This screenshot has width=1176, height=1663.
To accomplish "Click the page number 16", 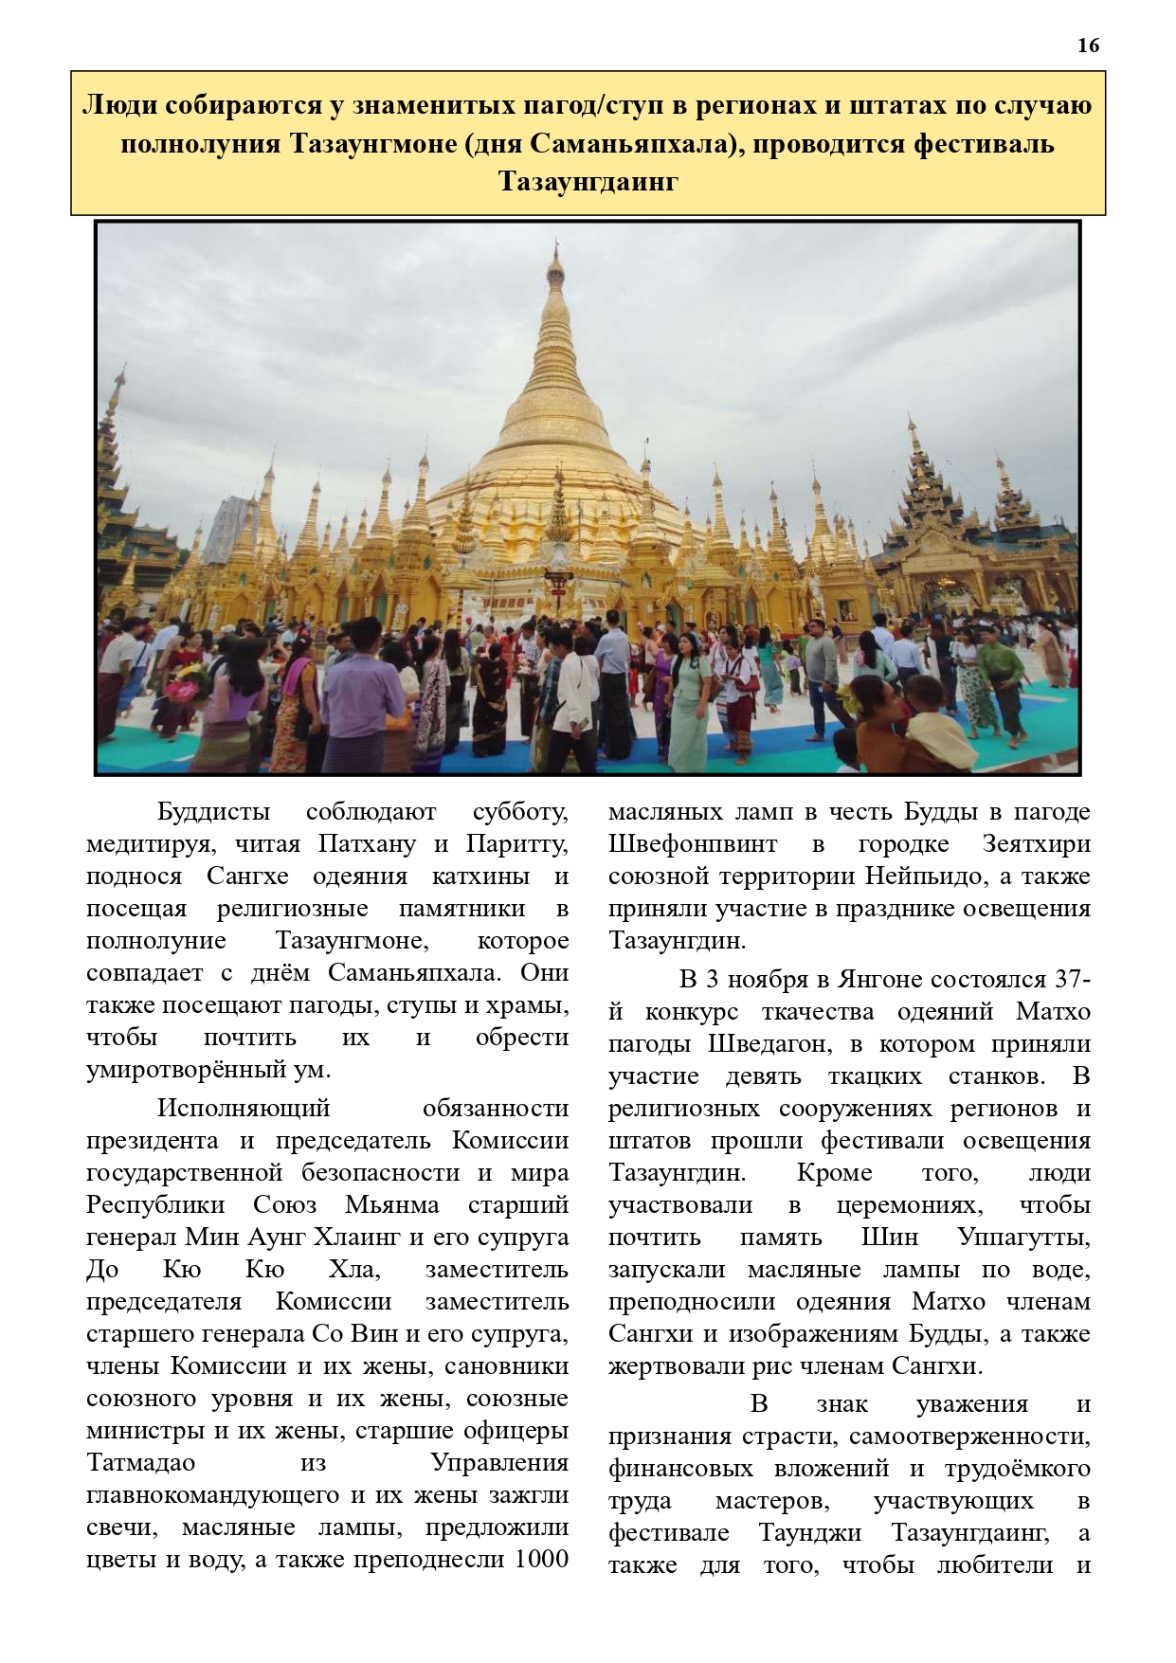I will [1088, 45].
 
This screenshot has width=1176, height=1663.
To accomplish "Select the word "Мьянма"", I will [392, 1204].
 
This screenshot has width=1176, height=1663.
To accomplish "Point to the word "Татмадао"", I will [140, 1462].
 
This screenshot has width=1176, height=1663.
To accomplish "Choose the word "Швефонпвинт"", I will [693, 844].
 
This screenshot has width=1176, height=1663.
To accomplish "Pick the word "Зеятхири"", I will [1037, 844].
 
